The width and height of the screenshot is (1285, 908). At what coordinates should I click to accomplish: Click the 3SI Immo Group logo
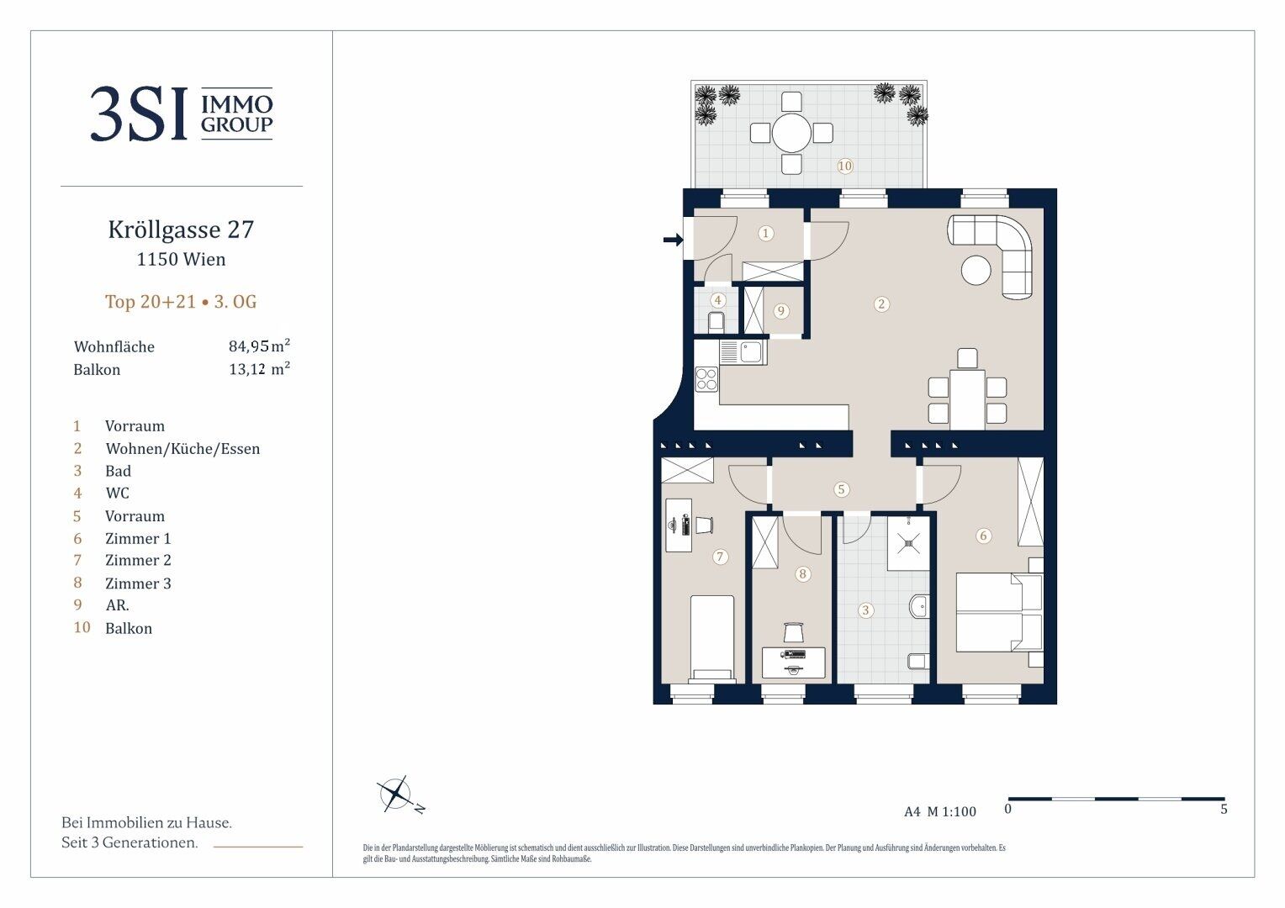tap(182, 113)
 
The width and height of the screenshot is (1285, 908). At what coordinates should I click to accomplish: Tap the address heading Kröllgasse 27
tap(181, 230)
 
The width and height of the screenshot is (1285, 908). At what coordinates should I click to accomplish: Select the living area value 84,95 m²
tap(259, 346)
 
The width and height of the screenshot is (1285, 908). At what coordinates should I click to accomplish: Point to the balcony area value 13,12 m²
tap(259, 368)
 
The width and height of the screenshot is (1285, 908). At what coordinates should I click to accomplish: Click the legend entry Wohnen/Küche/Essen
tap(182, 449)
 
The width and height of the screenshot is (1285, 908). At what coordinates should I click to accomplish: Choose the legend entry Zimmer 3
tap(138, 583)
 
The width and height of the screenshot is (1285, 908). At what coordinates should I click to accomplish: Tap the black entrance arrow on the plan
tap(673, 239)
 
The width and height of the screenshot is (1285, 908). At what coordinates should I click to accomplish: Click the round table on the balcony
tap(791, 133)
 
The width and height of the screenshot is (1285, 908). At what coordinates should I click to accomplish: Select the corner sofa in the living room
tap(990, 256)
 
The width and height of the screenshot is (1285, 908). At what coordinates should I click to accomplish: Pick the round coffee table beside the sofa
tap(976, 270)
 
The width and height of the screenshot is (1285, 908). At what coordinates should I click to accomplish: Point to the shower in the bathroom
tap(909, 542)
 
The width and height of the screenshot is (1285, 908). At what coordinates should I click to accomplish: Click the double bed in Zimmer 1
tap(999, 612)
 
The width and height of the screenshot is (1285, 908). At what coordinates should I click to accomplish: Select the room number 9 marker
tap(780, 311)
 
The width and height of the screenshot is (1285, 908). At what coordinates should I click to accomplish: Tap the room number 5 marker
tap(841, 489)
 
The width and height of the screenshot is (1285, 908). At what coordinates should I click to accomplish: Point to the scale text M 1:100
tap(952, 811)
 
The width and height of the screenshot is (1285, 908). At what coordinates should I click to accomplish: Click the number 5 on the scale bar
tap(1224, 810)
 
